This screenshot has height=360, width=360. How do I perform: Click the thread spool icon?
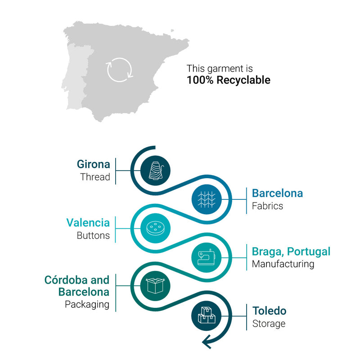(156, 171)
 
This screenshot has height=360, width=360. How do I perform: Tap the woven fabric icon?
(207, 199)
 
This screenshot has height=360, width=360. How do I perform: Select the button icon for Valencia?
(155, 228)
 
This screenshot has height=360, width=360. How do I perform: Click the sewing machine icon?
(207, 257)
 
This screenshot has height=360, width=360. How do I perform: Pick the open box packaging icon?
(155, 286)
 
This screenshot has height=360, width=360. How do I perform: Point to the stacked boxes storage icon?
(207, 315)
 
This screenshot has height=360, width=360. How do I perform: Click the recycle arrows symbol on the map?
(119, 70)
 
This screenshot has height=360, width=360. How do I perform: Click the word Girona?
(94, 164)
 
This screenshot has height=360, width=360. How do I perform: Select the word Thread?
(95, 177)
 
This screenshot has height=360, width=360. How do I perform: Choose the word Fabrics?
(267, 206)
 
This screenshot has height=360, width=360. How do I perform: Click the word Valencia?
(88, 223)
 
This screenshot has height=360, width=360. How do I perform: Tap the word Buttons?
(93, 235)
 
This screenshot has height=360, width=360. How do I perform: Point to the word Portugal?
(309, 252)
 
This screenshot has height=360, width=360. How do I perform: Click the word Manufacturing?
(283, 264)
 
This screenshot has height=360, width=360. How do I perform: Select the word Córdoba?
(66, 280)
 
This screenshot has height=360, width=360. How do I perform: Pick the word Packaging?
(87, 305)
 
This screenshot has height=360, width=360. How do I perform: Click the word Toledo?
(270, 311)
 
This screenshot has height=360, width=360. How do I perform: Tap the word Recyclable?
(243, 80)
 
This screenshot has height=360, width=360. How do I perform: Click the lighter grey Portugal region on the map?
(75, 76)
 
